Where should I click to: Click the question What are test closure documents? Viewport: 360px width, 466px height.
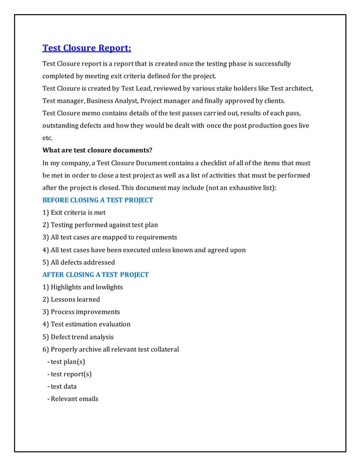click(x=97, y=150)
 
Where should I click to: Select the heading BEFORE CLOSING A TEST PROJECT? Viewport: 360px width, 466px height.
click(x=98, y=200)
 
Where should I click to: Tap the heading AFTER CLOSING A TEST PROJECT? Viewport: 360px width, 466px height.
click(x=95, y=275)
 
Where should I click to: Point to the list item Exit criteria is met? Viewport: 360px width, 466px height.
click(x=74, y=213)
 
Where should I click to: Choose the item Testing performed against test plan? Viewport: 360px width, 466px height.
click(x=100, y=225)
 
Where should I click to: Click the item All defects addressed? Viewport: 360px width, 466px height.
click(x=78, y=262)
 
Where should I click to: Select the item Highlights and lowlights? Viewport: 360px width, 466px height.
click(x=82, y=287)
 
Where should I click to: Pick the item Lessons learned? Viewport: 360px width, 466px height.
click(x=71, y=300)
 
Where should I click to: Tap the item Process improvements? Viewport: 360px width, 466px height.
click(x=81, y=312)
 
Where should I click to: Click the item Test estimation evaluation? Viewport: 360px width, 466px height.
click(x=86, y=324)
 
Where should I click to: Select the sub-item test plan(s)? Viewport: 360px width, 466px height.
click(x=68, y=362)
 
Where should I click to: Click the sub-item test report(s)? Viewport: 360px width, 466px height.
click(x=71, y=374)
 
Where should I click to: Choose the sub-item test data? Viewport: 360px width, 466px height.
click(x=63, y=386)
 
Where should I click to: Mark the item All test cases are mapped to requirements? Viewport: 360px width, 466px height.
click(x=109, y=238)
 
